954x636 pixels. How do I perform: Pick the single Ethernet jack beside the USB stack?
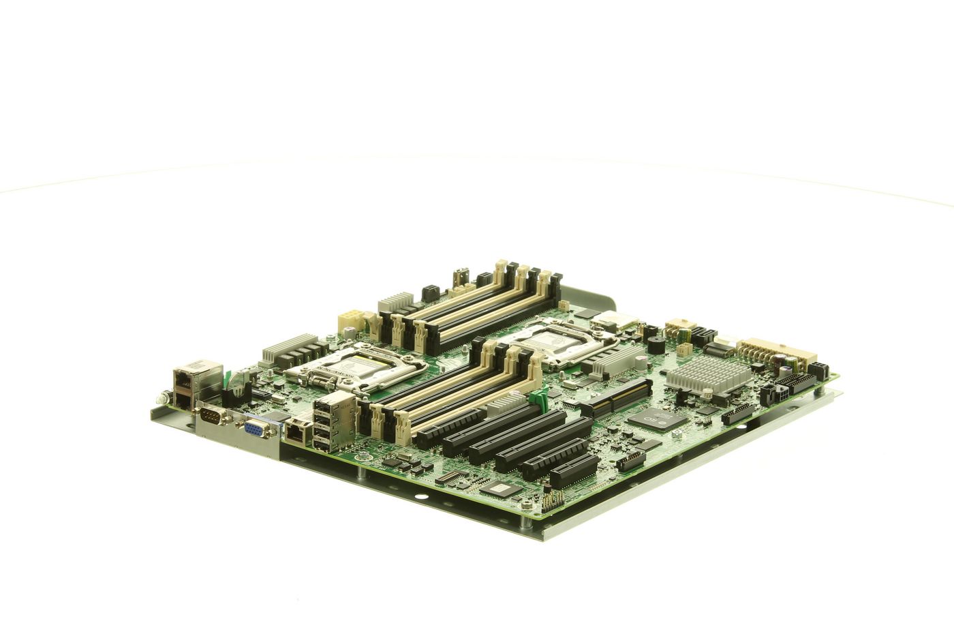click(296, 431)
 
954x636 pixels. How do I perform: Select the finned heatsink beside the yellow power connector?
click(396, 301)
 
